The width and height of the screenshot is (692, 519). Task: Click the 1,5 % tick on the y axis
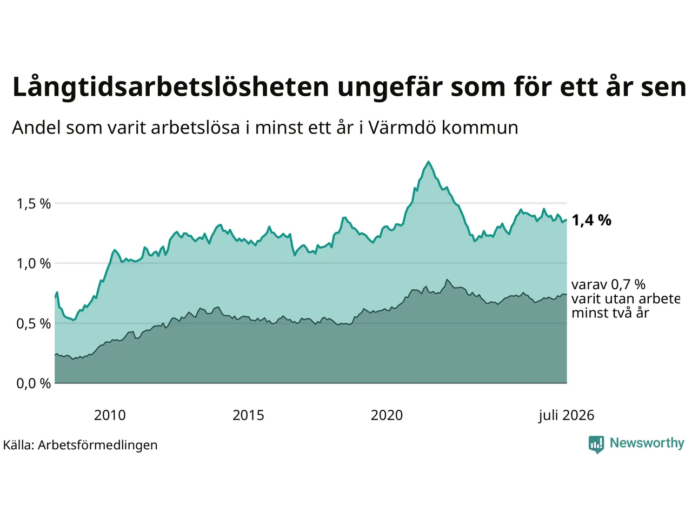click(34, 204)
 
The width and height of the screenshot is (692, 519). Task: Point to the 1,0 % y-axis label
click(34, 263)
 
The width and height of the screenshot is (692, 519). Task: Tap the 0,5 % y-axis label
click(34, 324)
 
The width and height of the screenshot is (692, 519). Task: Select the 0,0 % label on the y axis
click(34, 383)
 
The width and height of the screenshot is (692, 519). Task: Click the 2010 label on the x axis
click(110, 415)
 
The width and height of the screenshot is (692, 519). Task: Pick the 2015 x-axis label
click(248, 415)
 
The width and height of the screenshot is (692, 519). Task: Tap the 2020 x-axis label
click(387, 415)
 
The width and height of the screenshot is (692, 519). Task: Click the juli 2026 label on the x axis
click(566, 416)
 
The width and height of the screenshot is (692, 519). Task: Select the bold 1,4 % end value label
click(591, 220)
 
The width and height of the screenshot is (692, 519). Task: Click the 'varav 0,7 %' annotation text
click(608, 284)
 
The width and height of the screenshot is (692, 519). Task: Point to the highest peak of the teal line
click(428, 162)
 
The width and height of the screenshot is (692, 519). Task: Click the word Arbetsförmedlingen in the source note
click(97, 445)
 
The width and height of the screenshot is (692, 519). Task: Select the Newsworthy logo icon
click(596, 444)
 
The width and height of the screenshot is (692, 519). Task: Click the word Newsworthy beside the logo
click(647, 443)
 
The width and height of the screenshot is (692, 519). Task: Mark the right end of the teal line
click(567, 220)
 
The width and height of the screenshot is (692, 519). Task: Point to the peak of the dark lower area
click(447, 280)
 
